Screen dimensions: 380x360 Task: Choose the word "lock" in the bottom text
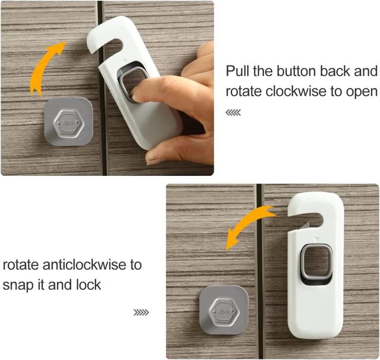[88, 285]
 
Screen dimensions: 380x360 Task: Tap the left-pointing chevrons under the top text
[233, 113]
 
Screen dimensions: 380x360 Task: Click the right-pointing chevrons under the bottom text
[141, 312]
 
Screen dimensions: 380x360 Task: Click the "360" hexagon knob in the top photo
[69, 123]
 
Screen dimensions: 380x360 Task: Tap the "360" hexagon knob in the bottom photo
[224, 311]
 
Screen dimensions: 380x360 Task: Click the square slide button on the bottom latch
[316, 261]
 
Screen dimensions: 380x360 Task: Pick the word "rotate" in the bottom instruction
[21, 264]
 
